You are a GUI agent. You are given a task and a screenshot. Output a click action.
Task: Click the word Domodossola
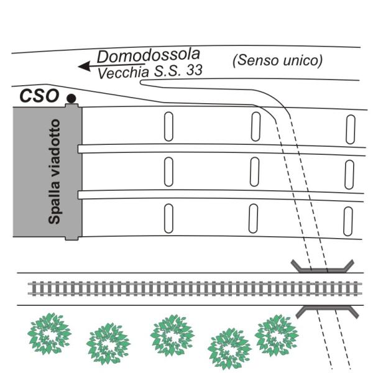point(149,56)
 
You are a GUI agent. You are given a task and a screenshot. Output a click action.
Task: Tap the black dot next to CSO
point(71,98)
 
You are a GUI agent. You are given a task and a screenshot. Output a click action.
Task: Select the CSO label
point(39,96)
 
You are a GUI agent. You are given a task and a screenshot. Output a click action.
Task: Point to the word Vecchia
point(123,73)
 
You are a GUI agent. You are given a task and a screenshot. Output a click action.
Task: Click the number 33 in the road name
point(195,70)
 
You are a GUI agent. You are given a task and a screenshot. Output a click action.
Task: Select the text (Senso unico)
point(277,60)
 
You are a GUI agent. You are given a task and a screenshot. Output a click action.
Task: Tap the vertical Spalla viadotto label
point(54,172)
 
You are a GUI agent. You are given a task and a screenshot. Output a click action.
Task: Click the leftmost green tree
point(49,333)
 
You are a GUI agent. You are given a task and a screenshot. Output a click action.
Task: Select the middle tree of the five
point(172,335)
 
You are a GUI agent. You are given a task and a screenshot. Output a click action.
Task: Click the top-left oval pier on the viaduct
point(168,127)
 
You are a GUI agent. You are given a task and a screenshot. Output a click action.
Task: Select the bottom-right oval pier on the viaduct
point(348,221)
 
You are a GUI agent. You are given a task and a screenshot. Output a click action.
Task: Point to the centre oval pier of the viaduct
point(254,172)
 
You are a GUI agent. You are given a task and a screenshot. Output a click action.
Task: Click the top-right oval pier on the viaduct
point(351,129)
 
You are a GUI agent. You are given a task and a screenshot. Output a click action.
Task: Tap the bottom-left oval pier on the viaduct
point(168,218)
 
